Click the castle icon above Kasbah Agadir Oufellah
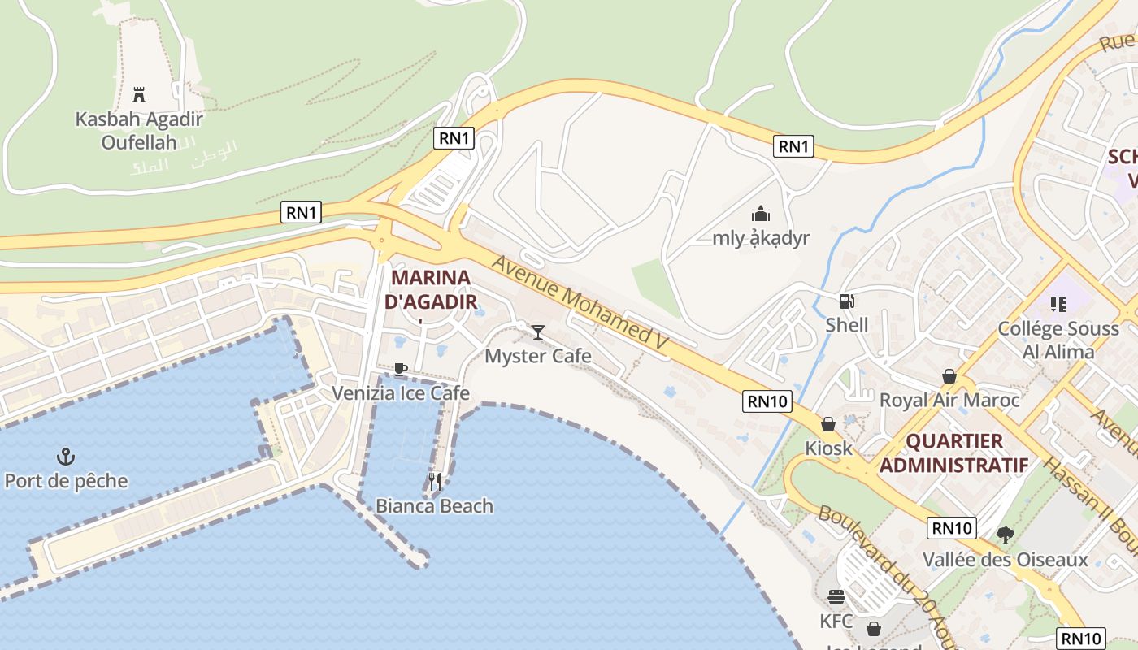[x=139, y=94]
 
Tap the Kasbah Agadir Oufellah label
[x=139, y=131]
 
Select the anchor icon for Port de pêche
[x=66, y=457]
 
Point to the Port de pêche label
[x=66, y=481]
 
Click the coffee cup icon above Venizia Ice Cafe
[x=400, y=369]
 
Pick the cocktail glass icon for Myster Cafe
[x=537, y=331]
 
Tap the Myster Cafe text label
[x=537, y=356]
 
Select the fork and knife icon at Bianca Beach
[x=435, y=482]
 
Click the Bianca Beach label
[x=434, y=506]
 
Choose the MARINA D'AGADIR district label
[x=430, y=289]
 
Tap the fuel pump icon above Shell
[x=846, y=301]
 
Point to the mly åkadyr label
[x=761, y=238]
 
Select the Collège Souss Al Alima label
[x=1058, y=340]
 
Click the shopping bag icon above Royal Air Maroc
[x=949, y=376]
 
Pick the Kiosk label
[x=828, y=448]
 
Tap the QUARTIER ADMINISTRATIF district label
[x=953, y=453]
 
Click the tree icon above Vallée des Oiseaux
[x=1005, y=535]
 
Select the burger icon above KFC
[x=836, y=598]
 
